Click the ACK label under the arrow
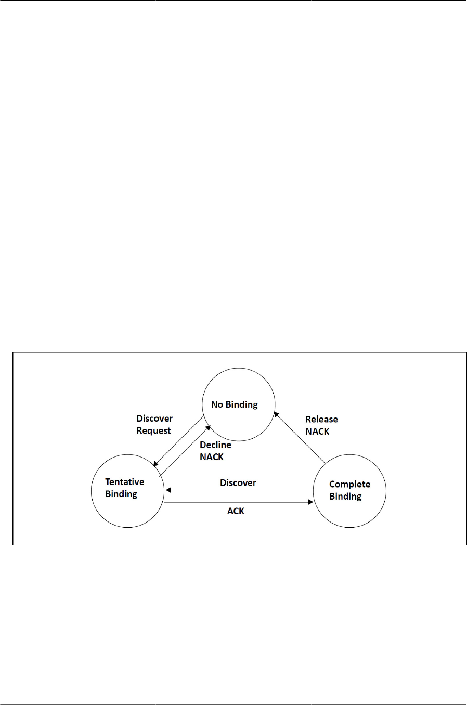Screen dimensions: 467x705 [236, 511]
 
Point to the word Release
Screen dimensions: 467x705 [321, 419]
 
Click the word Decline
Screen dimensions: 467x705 [215, 445]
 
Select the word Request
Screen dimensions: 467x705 [153, 430]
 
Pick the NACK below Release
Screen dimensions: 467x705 [317, 432]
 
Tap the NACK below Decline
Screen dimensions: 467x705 [212, 457]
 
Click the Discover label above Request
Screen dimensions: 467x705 [154, 419]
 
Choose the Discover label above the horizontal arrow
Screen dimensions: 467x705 [238, 482]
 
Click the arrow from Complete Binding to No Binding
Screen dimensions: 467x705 [300, 438]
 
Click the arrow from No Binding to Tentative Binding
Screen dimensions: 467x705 [178, 441]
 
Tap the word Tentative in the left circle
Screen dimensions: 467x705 [125, 482]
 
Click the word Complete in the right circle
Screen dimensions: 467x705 [349, 484]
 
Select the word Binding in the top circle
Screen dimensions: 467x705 [241, 404]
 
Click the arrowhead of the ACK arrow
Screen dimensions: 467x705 [310, 502]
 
